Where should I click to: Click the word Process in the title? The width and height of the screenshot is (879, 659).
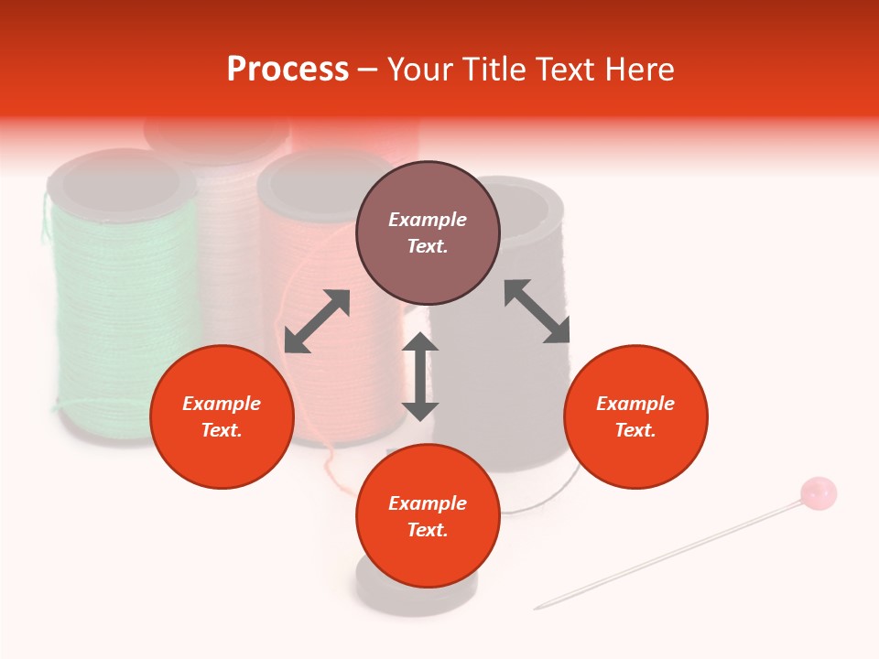click(288, 70)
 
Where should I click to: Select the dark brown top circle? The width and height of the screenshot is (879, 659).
click(428, 233)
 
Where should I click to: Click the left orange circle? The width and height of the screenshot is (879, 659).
click(222, 416)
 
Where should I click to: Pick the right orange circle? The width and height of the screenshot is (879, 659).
click(635, 416)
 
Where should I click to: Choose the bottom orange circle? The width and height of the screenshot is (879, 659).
click(428, 515)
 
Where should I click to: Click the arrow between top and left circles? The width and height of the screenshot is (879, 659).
click(317, 321)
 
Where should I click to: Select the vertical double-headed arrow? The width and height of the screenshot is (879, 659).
click(420, 376)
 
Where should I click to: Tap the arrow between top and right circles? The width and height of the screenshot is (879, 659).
click(537, 311)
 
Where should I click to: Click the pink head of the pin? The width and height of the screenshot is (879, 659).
click(818, 492)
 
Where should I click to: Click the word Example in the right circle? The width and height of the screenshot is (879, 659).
click(635, 404)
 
